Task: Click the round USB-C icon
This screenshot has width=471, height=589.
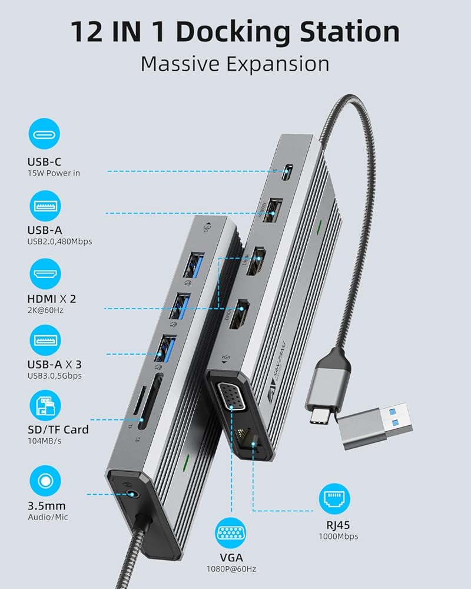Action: pos(45,135)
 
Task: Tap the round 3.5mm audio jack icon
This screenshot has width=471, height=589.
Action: pos(45,481)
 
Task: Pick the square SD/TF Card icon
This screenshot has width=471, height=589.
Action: pos(45,408)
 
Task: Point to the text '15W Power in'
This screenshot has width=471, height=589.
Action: pos(53,173)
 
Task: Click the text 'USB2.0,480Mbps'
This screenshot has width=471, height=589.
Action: pos(59,241)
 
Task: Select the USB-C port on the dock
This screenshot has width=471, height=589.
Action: pos(287,173)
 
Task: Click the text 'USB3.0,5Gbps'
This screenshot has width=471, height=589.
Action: pos(55,376)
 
